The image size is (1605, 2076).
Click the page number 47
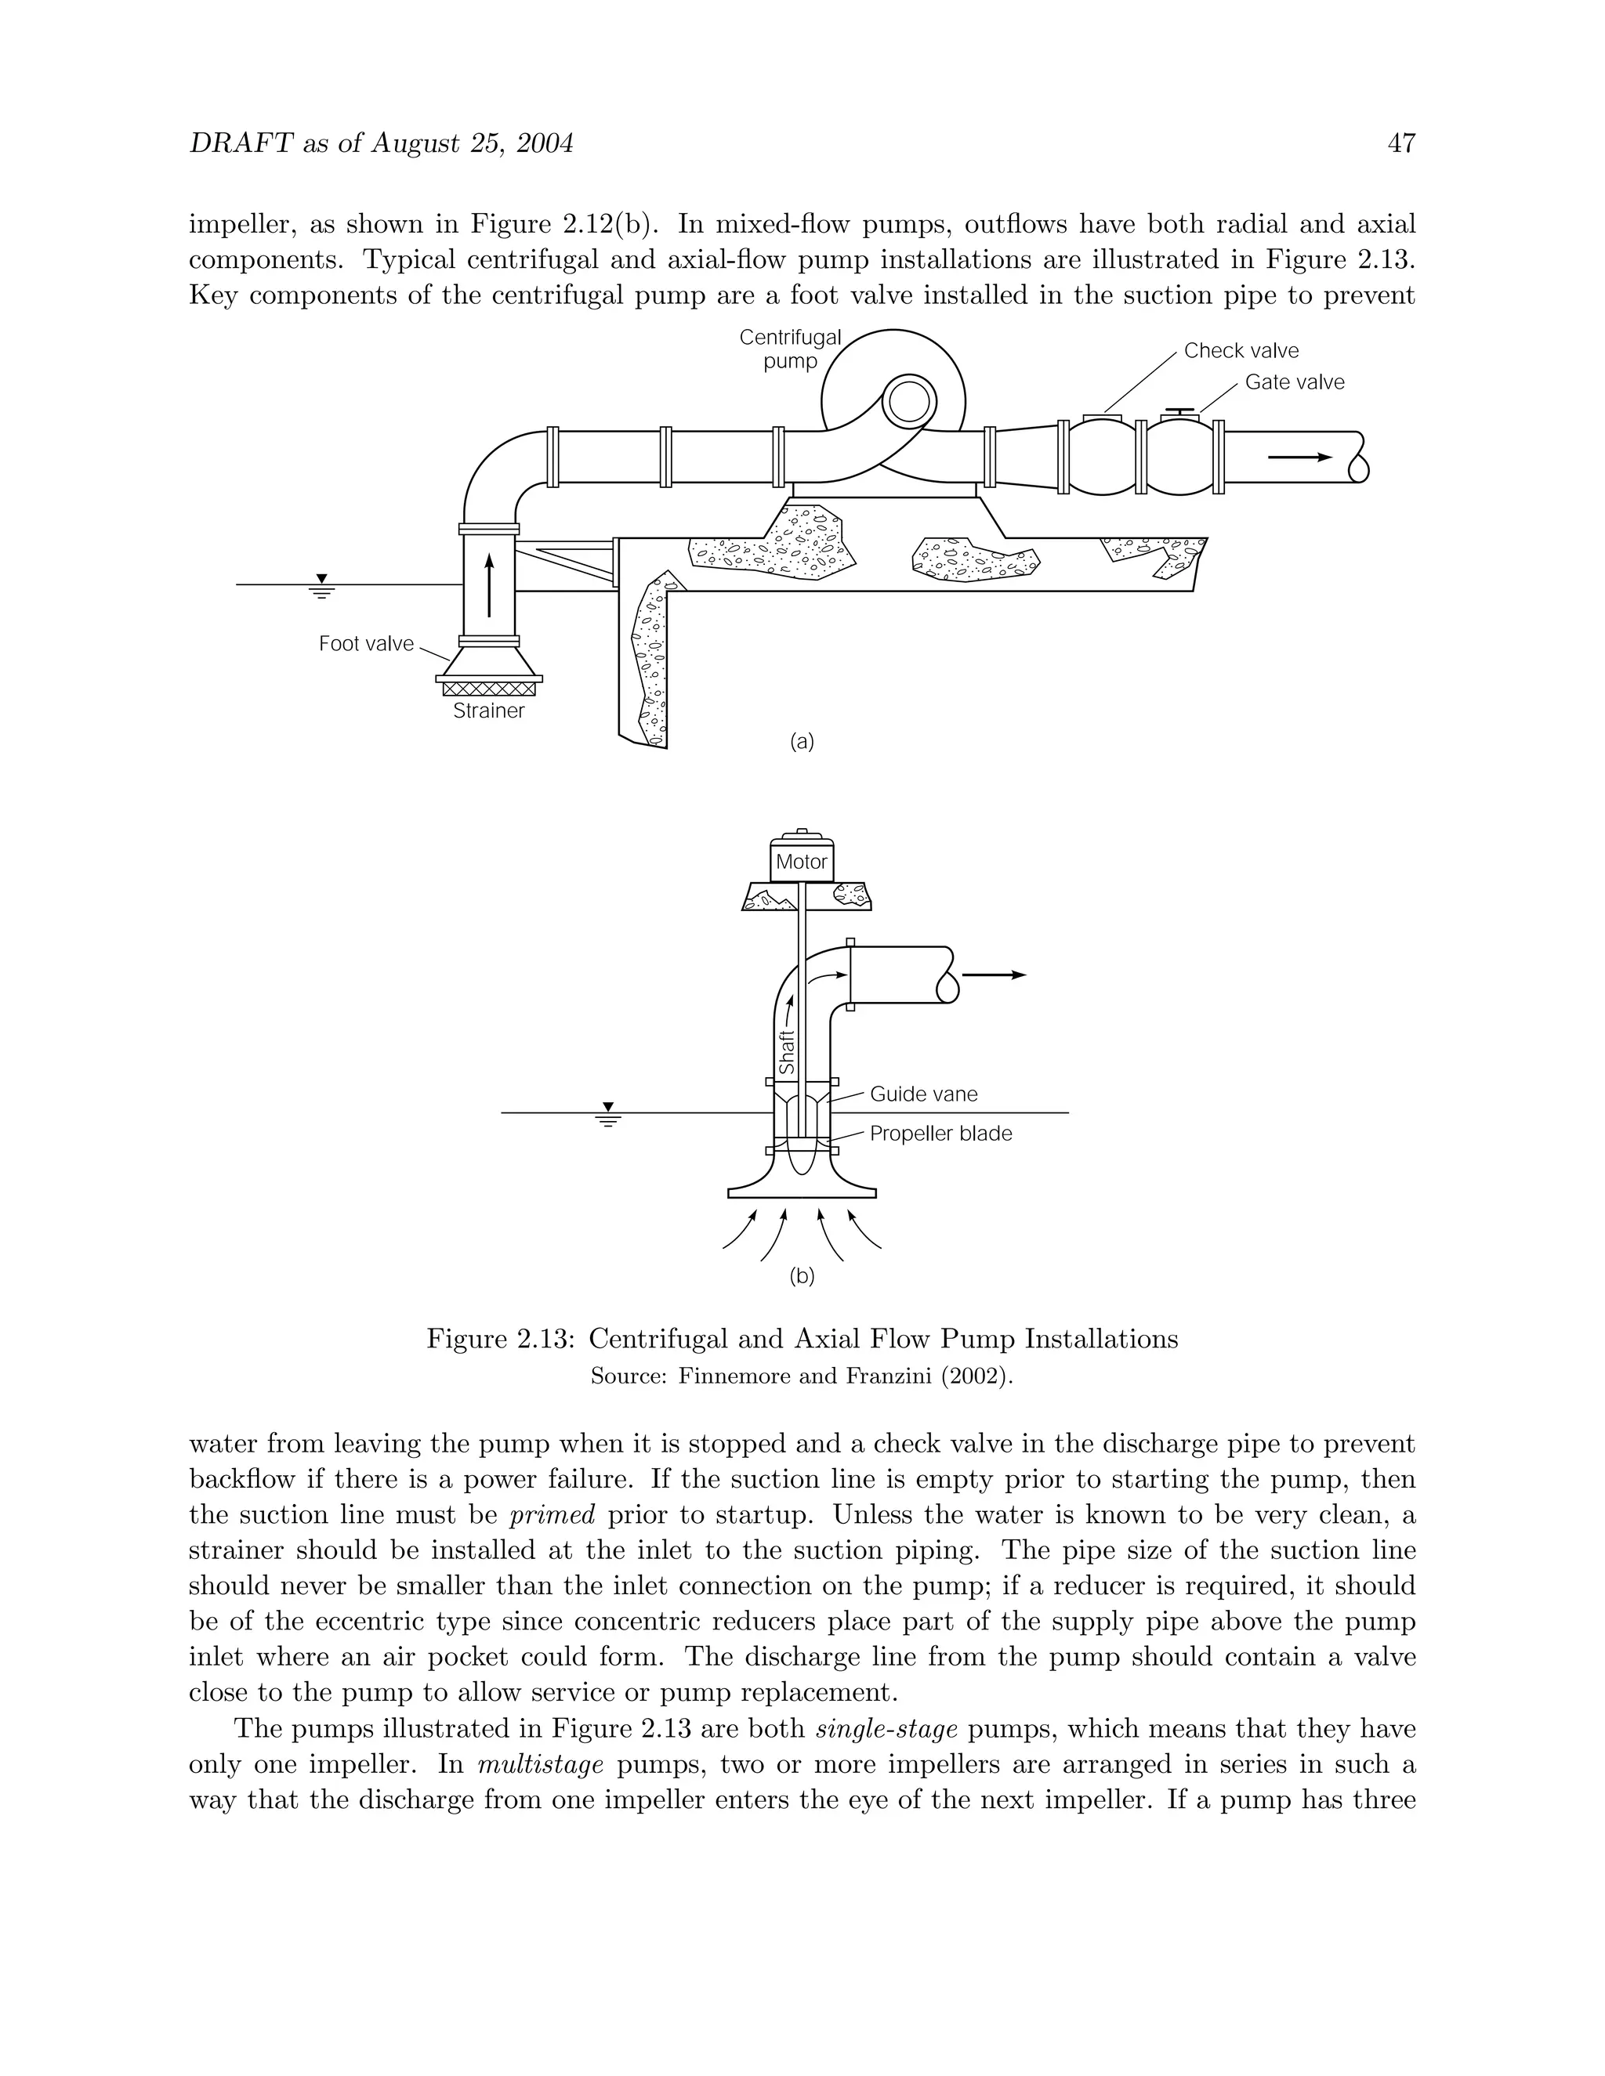click(x=1401, y=143)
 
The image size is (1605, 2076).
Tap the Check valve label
click(x=1241, y=351)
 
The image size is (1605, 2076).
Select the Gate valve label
click(x=1294, y=382)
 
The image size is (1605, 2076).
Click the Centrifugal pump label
click(x=790, y=349)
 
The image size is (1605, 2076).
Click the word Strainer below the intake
click(x=489, y=711)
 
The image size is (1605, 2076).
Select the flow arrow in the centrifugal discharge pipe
click(x=1300, y=458)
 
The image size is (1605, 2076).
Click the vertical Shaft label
click(x=786, y=1053)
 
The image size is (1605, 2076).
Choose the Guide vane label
click(x=923, y=1094)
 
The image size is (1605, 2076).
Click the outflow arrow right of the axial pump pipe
click(x=994, y=975)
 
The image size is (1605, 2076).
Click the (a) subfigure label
click(x=802, y=741)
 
